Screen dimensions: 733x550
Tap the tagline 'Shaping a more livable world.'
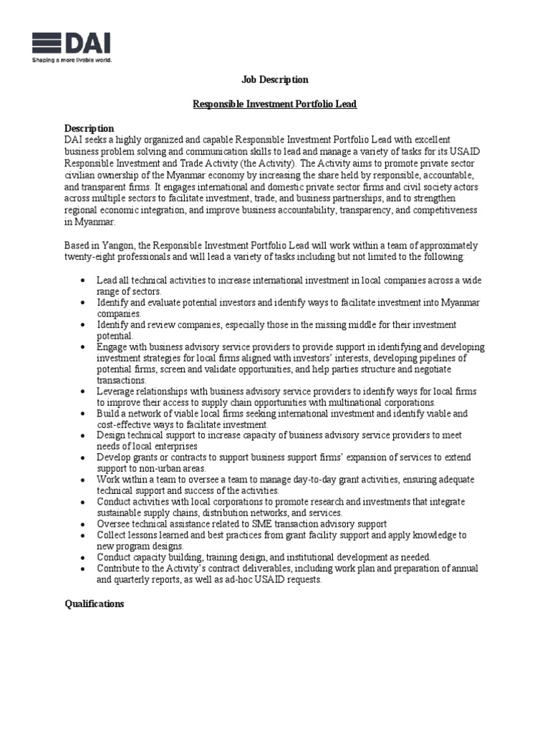(72, 60)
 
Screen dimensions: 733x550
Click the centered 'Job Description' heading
(275, 80)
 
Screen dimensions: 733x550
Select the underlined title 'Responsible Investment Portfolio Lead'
(275, 105)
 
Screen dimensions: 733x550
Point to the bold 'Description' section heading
(89, 128)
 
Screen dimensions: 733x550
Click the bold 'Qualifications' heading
(94, 604)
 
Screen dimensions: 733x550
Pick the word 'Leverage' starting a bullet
(117, 392)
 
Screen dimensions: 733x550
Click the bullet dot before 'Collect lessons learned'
(85, 535)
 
